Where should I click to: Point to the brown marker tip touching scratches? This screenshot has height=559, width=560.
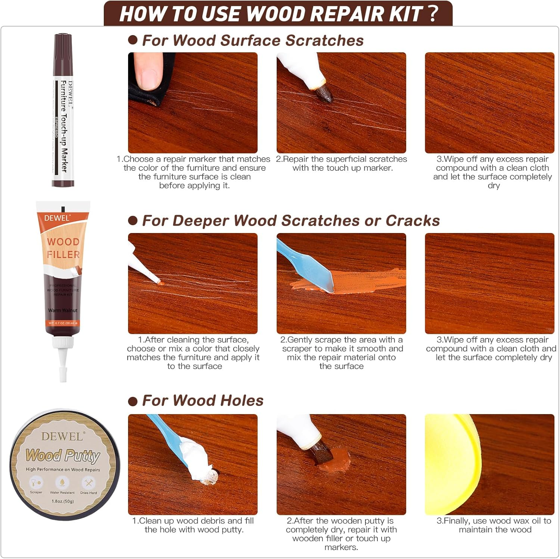pos(324,93)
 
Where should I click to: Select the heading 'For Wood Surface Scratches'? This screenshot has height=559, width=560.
pos(253,40)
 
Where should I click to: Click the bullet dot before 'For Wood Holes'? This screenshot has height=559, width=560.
pos(133,401)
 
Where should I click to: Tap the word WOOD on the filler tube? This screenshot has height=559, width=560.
pos(63,242)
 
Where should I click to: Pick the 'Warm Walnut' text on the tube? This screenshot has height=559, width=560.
pos(63,310)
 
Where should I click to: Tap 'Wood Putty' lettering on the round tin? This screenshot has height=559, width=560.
pos(63,456)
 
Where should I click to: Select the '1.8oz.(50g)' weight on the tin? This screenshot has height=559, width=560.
pos(63,501)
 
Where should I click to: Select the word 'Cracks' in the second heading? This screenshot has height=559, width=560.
pos(413,221)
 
